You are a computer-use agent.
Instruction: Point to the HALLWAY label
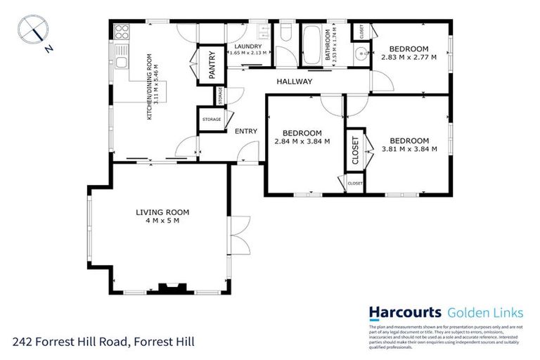(x=294, y=82)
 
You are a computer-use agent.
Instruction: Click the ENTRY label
(x=245, y=131)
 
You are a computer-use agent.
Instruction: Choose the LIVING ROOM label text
(x=162, y=212)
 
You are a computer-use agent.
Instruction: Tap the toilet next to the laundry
(x=286, y=34)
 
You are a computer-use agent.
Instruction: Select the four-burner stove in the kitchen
(x=121, y=32)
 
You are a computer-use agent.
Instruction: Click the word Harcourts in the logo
(x=405, y=312)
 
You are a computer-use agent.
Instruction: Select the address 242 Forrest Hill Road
(x=103, y=342)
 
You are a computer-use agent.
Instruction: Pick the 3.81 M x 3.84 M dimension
(x=409, y=148)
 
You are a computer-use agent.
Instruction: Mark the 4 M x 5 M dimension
(x=162, y=221)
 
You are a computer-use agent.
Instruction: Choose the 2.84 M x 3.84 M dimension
(x=302, y=141)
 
